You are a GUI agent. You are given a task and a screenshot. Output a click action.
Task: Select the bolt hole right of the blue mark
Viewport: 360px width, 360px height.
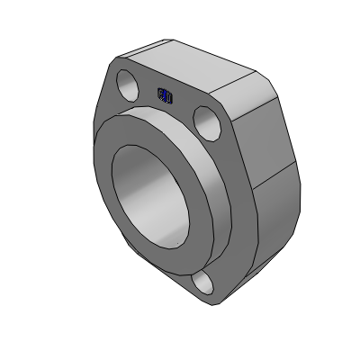204,119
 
